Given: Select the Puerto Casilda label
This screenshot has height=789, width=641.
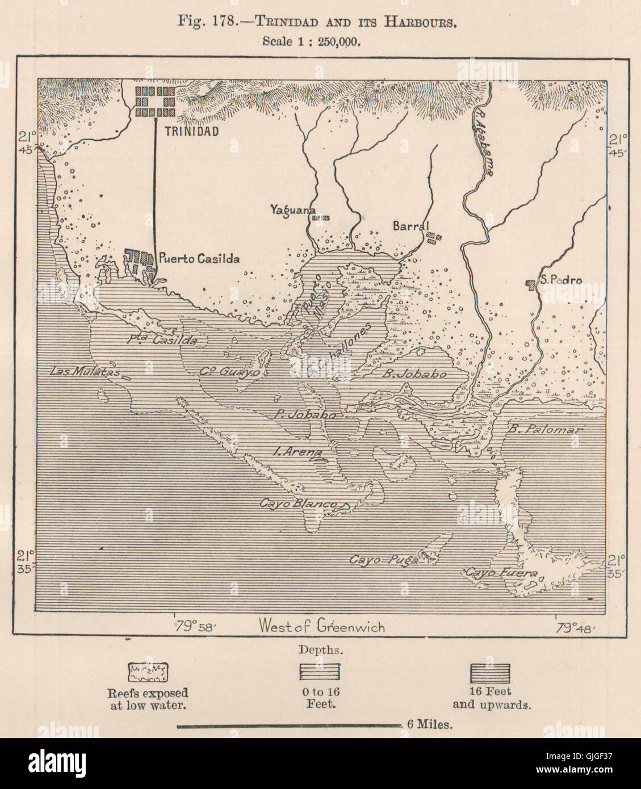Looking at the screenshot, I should (199, 258).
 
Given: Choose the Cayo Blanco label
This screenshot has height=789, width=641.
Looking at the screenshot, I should (298, 503).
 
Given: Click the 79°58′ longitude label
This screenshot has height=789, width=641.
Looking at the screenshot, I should (194, 627).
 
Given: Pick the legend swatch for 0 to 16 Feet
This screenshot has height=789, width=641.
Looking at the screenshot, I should (320, 672).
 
